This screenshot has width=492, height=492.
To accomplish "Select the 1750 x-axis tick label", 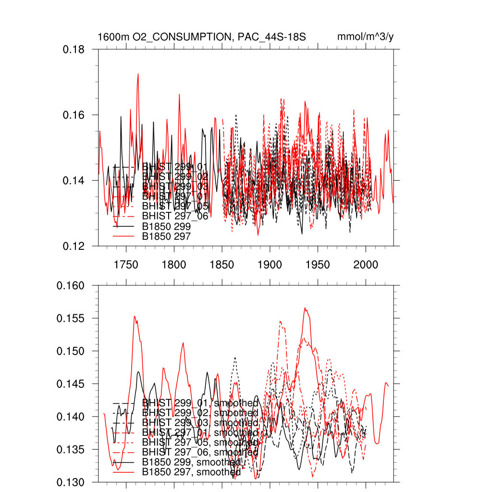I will tap(126, 265).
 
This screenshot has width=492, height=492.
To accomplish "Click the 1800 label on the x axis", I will tap(174, 265).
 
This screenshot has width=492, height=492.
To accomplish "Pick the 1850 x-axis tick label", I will tap(222, 265).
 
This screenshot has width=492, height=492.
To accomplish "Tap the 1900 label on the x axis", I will tap(270, 265).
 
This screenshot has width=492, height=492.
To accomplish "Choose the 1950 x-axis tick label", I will tap(318, 265).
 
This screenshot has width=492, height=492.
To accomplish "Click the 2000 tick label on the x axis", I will tap(366, 265).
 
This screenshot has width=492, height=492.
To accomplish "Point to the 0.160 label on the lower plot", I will tap(71, 286).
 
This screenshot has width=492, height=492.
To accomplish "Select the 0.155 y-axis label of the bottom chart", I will tap(71, 319).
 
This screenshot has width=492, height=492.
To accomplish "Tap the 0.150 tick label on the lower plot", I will tap(71, 351).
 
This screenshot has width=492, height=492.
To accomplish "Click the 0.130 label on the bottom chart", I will tap(71, 482).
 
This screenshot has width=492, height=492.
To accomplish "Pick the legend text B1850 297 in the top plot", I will tap(167, 236).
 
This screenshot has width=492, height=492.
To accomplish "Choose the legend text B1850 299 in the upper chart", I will tap(167, 226).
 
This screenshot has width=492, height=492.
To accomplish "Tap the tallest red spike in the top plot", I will tap(138, 74).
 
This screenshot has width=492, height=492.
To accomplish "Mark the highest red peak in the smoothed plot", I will tap(305, 308).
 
